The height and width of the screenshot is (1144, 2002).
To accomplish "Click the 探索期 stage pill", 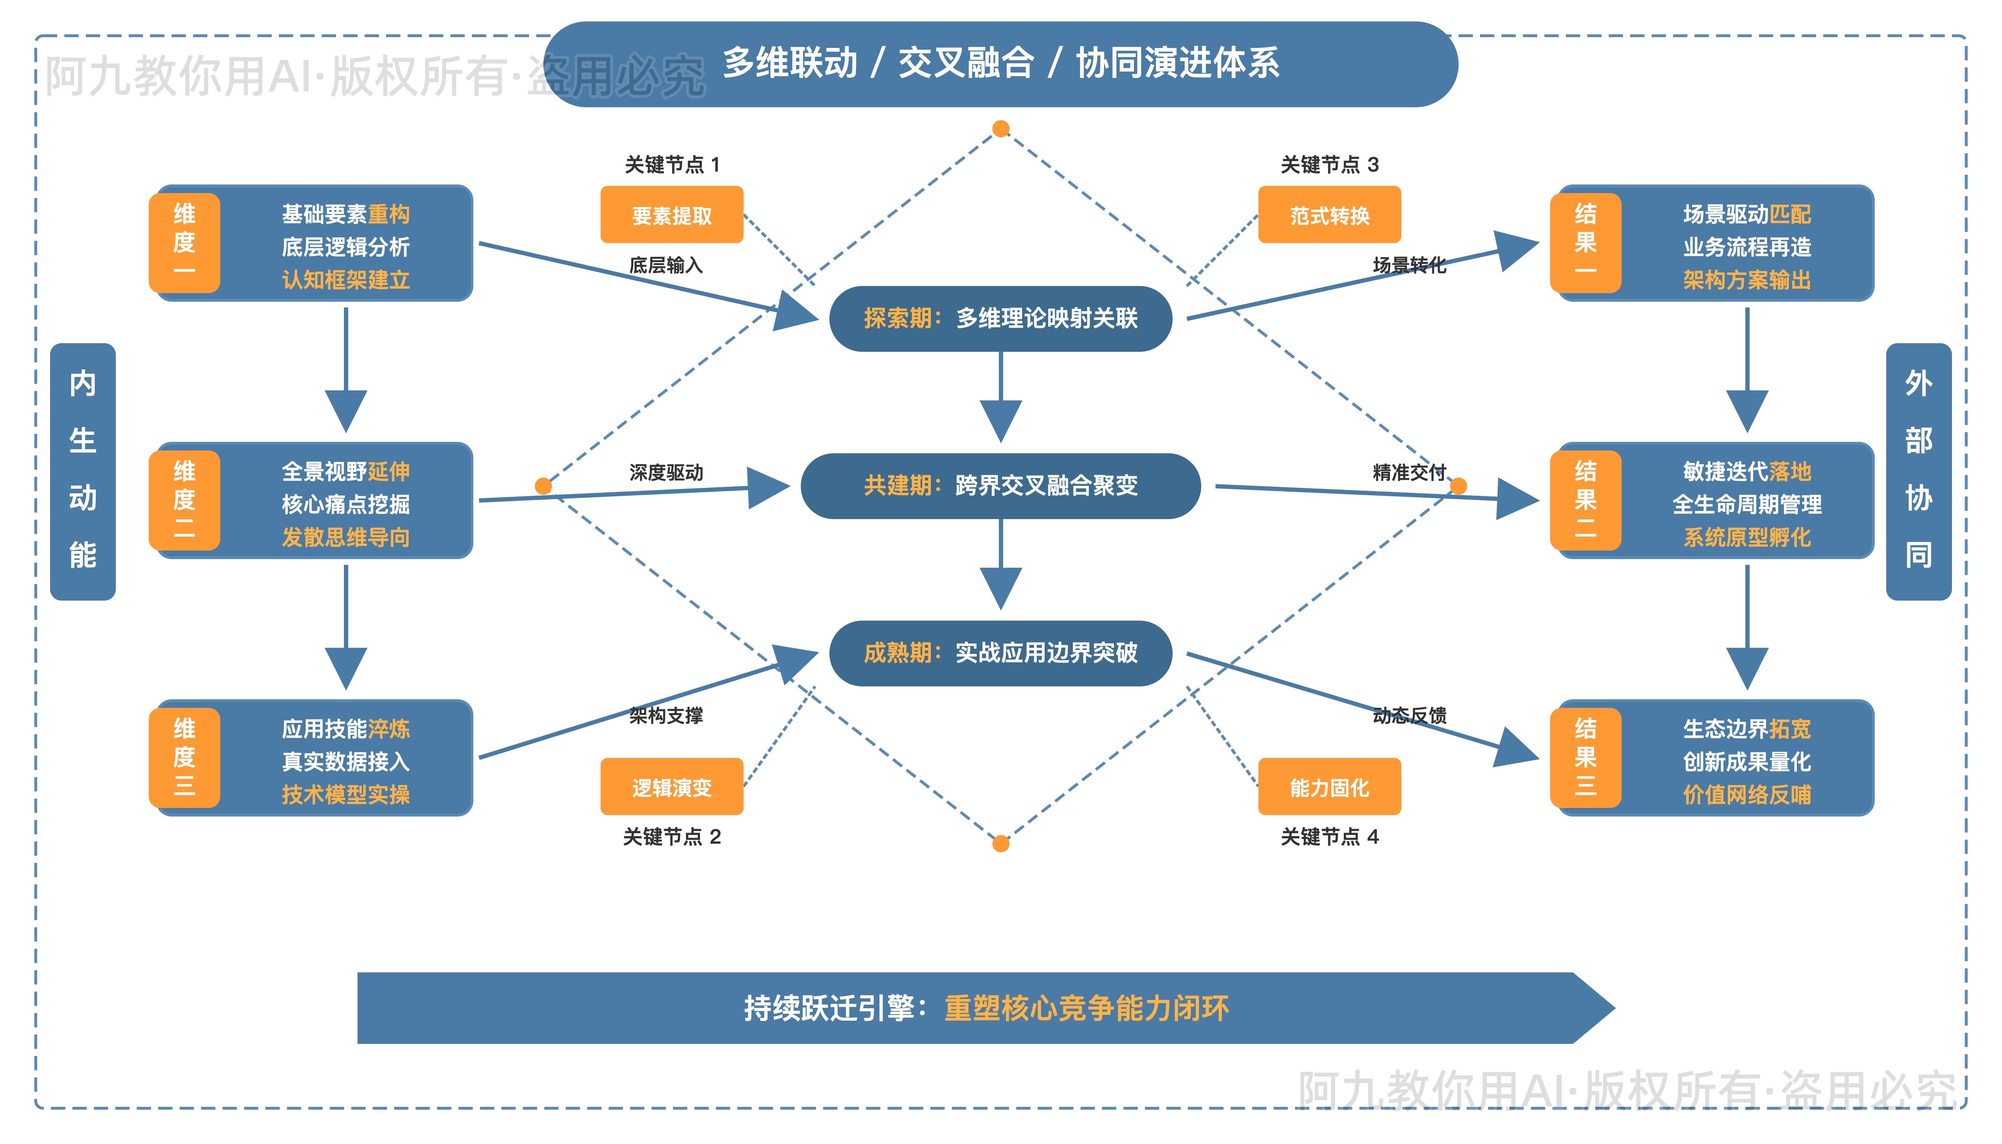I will pyautogui.click(x=1000, y=318).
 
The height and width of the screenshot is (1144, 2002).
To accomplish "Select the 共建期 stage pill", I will pyautogui.click(x=1000, y=485).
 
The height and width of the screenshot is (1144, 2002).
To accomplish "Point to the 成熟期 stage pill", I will pyautogui.click(x=1000, y=653).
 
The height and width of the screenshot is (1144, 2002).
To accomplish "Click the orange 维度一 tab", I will pyautogui.click(x=184, y=242).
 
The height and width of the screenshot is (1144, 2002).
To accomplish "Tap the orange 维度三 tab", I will pyautogui.click(x=184, y=758).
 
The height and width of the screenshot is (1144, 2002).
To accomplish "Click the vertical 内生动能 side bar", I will pyautogui.click(x=83, y=472).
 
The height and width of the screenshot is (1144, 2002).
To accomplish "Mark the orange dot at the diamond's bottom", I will pyautogui.click(x=1000, y=844).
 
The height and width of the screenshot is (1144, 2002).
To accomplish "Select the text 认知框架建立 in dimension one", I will pyautogui.click(x=346, y=280).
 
